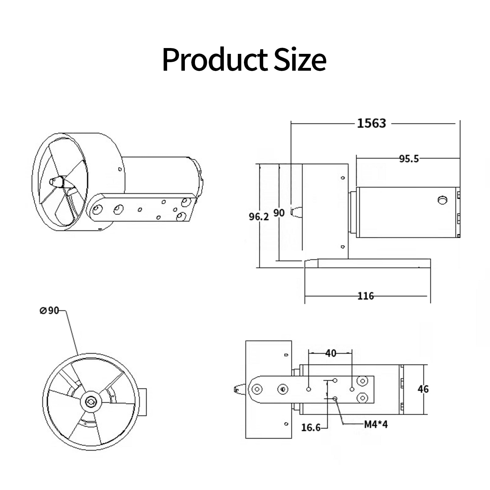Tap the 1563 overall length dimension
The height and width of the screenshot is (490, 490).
(x=372, y=123)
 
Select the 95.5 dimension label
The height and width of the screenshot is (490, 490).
(x=409, y=159)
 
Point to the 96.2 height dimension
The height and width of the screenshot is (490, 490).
(x=259, y=217)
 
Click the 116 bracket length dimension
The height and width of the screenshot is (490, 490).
(x=366, y=296)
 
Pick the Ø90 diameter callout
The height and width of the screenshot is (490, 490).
(x=49, y=310)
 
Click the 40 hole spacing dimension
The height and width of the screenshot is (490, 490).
(x=331, y=353)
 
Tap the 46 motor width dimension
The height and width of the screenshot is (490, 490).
(x=423, y=389)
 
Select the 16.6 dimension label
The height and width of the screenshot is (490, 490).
(x=311, y=427)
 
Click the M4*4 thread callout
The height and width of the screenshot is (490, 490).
(x=376, y=425)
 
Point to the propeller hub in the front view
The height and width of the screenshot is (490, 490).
(x=91, y=402)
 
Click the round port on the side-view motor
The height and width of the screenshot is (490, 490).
(x=442, y=200)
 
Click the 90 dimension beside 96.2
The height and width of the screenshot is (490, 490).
(x=279, y=213)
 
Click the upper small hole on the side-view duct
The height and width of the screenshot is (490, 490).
(x=343, y=178)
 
